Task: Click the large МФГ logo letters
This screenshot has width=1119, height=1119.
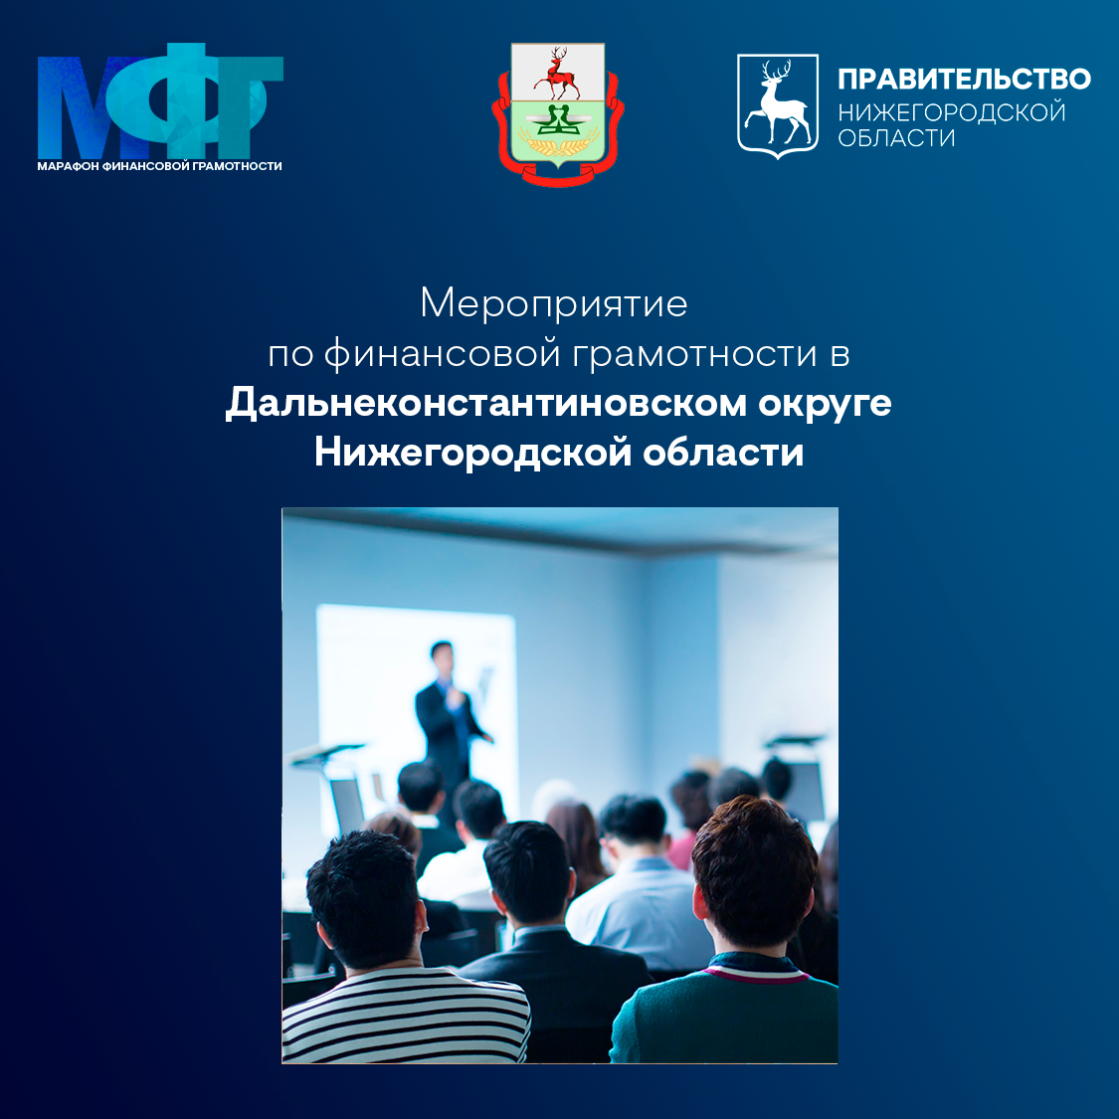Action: click(160, 101)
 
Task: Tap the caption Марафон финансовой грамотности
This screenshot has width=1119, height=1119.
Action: click(160, 166)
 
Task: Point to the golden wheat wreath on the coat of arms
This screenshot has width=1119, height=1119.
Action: click(558, 145)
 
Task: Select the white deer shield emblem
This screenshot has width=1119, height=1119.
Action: click(777, 105)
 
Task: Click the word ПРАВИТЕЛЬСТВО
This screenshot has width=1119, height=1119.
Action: click(964, 80)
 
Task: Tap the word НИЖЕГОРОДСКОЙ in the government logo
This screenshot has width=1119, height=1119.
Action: click(951, 112)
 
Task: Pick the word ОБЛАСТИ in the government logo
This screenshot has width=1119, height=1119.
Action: click(896, 137)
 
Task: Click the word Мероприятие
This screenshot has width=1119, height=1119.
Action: click(554, 303)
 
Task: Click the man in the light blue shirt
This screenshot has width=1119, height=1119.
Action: click(639, 885)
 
